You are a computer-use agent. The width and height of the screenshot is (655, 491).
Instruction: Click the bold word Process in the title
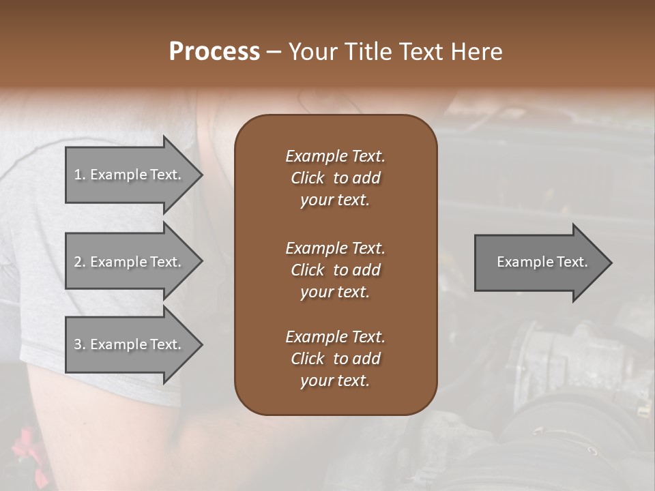click(214, 52)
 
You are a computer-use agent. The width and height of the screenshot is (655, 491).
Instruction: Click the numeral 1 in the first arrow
click(78, 175)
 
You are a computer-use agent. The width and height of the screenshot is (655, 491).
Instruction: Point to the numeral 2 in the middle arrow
click(78, 262)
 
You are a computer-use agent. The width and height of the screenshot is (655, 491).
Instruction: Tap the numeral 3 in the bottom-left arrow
click(78, 344)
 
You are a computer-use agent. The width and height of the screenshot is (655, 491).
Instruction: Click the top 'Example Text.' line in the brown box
click(335, 156)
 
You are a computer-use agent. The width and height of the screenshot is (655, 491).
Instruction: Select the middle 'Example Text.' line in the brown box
click(335, 248)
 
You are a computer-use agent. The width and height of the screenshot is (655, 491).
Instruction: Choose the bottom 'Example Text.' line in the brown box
click(335, 337)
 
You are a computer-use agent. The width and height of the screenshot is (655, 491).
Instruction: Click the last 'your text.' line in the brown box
click(335, 381)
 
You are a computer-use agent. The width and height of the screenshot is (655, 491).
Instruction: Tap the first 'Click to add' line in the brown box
click(335, 178)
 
